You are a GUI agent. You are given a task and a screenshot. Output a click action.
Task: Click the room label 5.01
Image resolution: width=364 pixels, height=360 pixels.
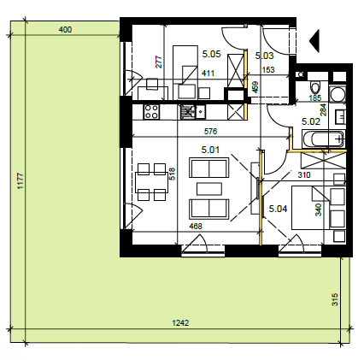(210, 150)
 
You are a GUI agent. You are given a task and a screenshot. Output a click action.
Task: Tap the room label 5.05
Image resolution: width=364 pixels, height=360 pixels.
(211, 54)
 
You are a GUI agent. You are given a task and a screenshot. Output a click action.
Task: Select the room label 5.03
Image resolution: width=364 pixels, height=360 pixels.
(264, 56)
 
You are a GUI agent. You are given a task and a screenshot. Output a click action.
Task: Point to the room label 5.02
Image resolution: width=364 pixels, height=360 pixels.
(311, 121)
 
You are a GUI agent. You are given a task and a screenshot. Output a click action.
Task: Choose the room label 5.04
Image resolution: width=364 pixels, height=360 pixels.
(278, 209)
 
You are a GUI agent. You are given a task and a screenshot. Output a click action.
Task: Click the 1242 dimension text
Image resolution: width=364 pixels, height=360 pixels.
(180, 323)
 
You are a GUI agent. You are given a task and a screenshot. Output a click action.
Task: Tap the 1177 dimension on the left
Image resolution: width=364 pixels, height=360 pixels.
(21, 181)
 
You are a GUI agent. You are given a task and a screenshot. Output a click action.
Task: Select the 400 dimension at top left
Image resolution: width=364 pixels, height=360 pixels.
(65, 29)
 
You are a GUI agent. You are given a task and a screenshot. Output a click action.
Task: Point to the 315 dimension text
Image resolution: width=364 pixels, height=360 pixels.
(335, 299)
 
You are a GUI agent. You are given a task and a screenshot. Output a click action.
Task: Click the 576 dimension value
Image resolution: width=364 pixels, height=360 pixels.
(210, 131)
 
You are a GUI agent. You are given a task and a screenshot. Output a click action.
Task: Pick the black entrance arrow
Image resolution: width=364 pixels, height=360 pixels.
(314, 41)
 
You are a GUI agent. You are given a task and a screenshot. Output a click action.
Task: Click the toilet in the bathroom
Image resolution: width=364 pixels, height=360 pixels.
(315, 88)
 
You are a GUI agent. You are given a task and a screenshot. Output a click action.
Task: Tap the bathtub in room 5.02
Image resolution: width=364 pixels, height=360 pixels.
(323, 139)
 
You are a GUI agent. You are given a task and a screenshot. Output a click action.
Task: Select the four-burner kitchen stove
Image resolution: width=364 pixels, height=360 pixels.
(151, 111)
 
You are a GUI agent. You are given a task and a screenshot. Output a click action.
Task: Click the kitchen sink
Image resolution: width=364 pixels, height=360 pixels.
(192, 111)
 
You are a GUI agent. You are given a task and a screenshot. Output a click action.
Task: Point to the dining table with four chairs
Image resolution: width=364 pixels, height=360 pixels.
(151, 182)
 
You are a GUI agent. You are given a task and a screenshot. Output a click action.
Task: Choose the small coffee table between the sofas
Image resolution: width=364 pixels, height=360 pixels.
(209, 189)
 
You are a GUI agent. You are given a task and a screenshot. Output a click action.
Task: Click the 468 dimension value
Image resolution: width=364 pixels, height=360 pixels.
(196, 226)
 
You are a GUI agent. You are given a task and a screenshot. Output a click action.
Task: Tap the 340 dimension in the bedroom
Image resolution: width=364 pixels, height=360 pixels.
(319, 210)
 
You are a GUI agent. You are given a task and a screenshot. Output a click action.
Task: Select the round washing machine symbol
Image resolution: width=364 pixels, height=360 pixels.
(338, 95)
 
